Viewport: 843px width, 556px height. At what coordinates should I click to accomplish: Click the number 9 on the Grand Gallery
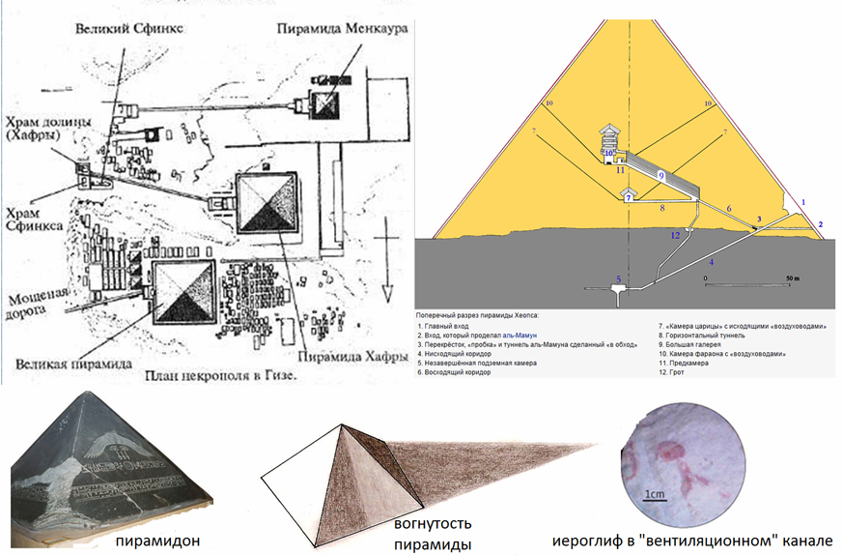click(x=660, y=175)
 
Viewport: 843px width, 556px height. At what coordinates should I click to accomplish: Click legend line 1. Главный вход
click(x=446, y=327)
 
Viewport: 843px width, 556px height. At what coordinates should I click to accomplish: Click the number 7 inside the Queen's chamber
click(x=628, y=197)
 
